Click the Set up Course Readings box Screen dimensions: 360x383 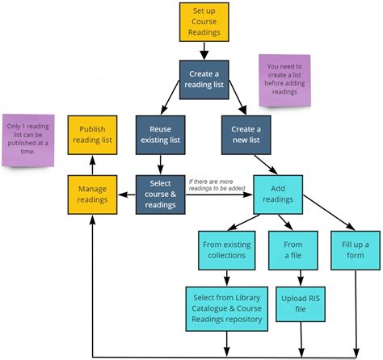204,22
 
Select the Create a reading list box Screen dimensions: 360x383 204,80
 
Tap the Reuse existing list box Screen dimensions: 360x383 160,135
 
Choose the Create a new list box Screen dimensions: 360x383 246,135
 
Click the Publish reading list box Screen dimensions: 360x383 91,135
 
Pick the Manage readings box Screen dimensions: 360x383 91,194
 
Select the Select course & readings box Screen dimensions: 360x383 160,194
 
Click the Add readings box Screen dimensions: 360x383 277,194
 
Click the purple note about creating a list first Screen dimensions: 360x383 284,81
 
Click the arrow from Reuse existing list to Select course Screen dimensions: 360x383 160,165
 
